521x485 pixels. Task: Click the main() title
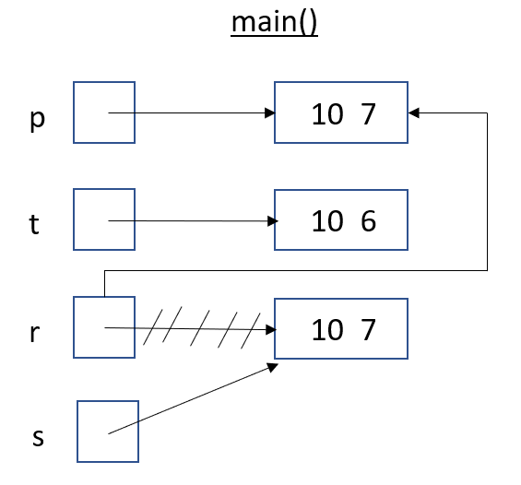pos(274,22)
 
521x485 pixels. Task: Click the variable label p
pos(37,119)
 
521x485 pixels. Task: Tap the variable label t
pos(34,224)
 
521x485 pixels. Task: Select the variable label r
pos(34,332)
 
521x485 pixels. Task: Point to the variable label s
pos(38,437)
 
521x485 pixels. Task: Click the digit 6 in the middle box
pos(368,221)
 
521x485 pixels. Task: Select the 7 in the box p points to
pos(368,114)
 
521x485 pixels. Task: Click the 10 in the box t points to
pos(327,221)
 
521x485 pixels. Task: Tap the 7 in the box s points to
pos(368,329)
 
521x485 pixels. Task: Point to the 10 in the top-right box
pos(327,114)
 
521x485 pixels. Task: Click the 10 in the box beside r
pos(327,329)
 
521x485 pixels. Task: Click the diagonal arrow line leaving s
pos(193,398)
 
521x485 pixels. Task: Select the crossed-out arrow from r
pos(190,329)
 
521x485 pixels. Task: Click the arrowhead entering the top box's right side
pos(413,112)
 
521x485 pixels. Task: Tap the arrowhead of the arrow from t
pos(272,221)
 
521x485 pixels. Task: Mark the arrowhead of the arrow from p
pos(270,112)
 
